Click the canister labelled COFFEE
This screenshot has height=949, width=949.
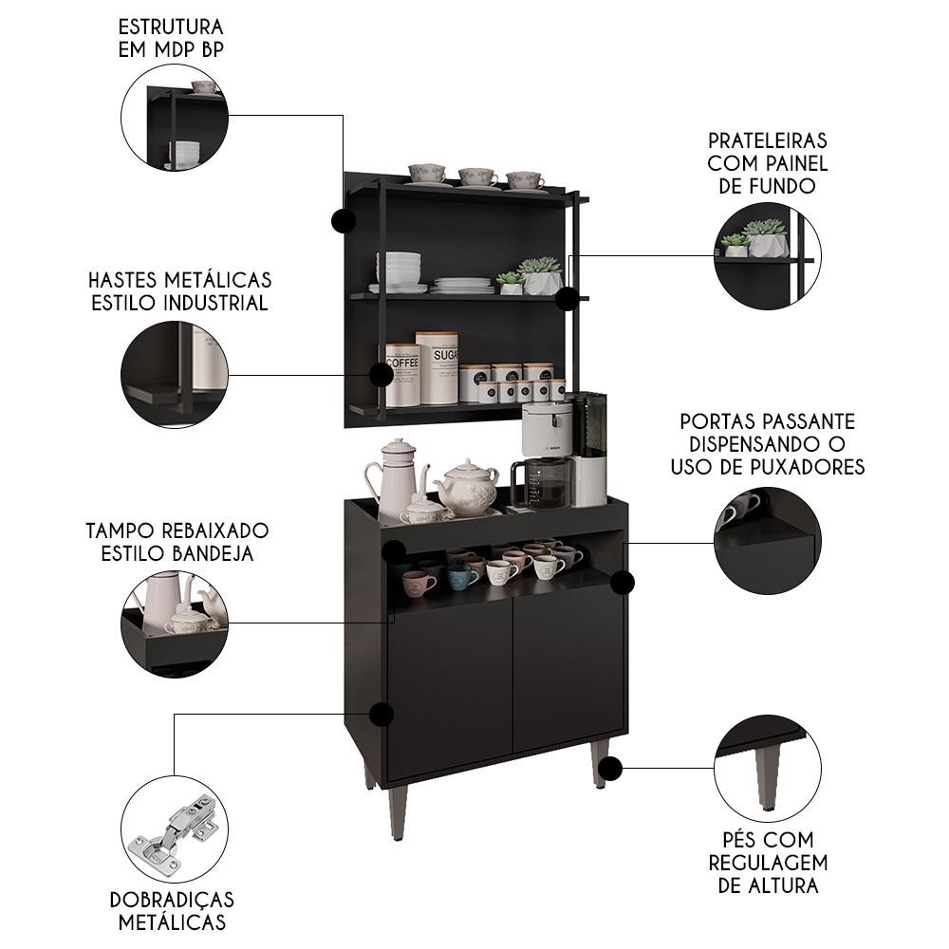(402, 375)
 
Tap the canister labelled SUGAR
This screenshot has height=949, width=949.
(437, 367)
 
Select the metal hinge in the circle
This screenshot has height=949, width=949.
(176, 829)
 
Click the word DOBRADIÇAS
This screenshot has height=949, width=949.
(172, 900)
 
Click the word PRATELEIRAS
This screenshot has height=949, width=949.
(768, 140)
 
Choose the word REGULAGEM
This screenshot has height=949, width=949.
(768, 863)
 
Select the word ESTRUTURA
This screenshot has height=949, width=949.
(171, 28)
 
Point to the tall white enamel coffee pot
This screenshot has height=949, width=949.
(395, 478)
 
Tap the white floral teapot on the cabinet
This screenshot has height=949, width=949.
(467, 488)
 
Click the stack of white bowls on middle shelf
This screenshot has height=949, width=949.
(399, 270)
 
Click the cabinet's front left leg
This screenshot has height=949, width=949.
(398, 812)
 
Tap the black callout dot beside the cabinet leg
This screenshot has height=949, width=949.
(612, 768)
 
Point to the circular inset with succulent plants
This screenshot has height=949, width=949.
(768, 256)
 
